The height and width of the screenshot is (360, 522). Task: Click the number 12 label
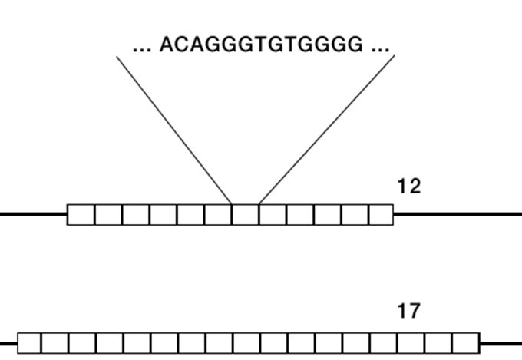409,186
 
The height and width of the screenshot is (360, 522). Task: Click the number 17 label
409,311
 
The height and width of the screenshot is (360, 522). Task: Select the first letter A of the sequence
167,45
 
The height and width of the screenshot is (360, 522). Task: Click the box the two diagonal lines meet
245,214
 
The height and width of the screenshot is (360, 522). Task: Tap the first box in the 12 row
81,214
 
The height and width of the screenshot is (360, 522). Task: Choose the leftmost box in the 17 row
29,342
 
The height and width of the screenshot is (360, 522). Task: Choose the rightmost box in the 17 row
466,342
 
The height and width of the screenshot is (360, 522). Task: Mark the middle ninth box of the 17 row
247,342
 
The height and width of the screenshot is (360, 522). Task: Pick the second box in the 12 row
108,214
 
